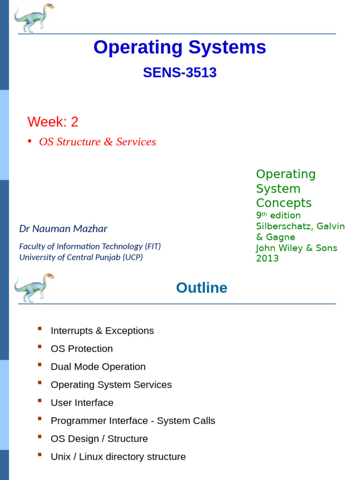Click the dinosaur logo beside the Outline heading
point(34,287)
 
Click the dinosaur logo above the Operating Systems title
point(34,18)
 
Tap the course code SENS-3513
point(180,73)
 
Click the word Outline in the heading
point(202,288)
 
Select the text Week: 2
point(53,121)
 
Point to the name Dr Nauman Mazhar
point(63,229)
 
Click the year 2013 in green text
point(267,258)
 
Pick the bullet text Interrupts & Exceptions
point(102,330)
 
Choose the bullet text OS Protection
point(82,349)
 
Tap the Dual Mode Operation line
point(98,367)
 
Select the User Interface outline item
point(82,403)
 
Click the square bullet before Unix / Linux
point(40,455)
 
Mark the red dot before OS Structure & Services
point(30,141)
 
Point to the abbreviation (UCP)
point(133,257)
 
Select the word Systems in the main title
point(227,47)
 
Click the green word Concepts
point(284,202)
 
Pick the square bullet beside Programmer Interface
point(40,419)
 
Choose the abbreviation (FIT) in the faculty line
point(153,247)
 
